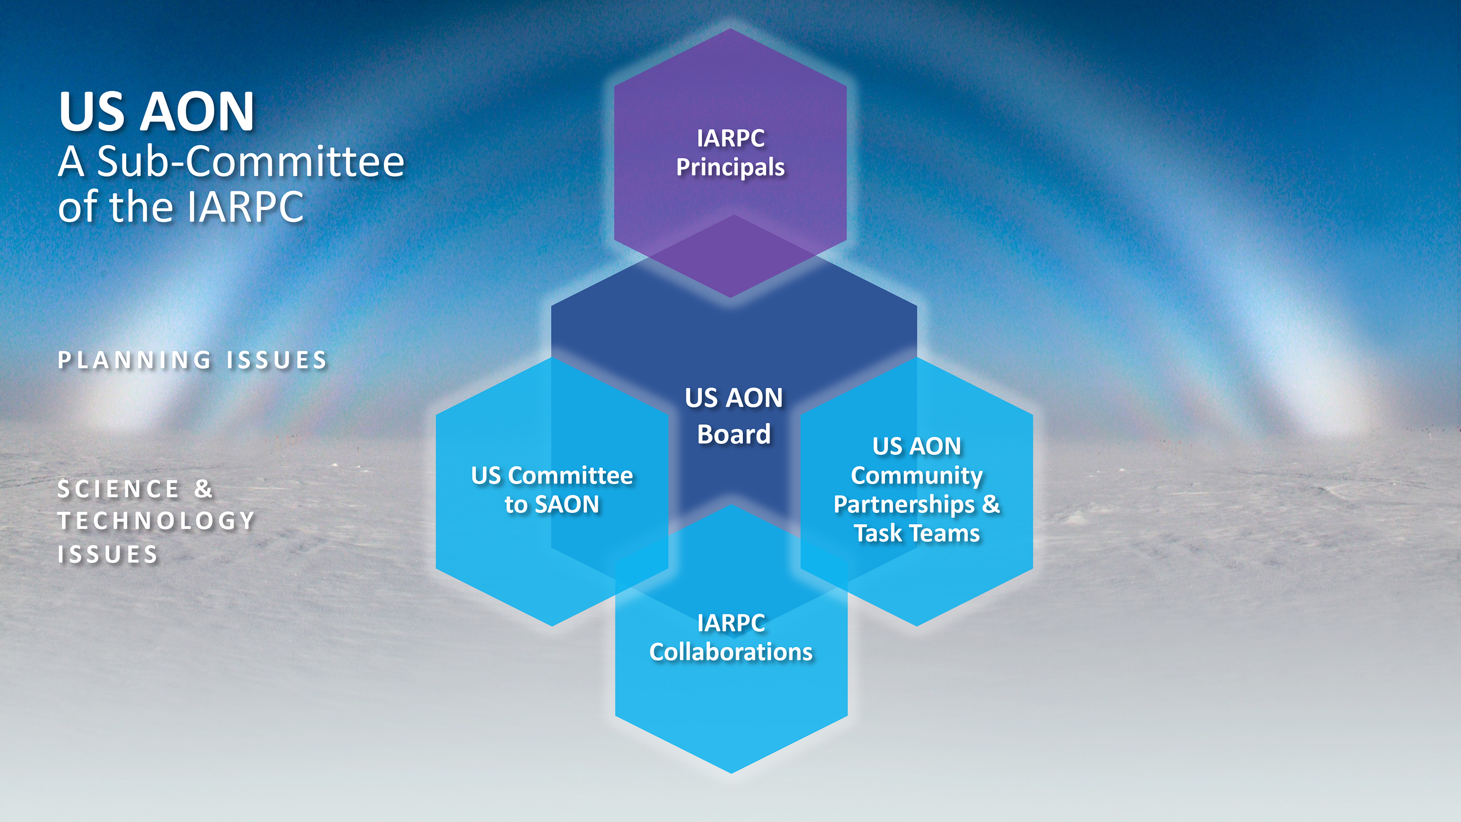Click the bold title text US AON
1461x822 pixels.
[x=156, y=112]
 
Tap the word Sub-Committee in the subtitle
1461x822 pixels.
[x=250, y=162]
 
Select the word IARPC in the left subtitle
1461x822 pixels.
[x=245, y=207]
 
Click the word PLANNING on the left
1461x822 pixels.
[x=135, y=360]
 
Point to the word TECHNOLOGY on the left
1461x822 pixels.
[x=156, y=521]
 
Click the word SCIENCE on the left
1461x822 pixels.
[x=118, y=489]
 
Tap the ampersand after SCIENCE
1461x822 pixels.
[x=203, y=489]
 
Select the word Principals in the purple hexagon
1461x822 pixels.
[x=730, y=168]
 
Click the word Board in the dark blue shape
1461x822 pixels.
[x=734, y=434]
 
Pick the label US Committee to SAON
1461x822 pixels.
[x=552, y=489]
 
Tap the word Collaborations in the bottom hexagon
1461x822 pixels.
[x=730, y=652]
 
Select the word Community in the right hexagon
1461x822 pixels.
[x=917, y=475]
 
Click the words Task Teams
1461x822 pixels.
[x=917, y=533]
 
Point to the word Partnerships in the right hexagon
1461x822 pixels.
[x=904, y=504]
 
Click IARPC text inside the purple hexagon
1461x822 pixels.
[x=730, y=138]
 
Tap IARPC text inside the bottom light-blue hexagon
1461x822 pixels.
[x=730, y=623]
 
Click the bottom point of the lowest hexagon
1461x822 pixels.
[x=731, y=771]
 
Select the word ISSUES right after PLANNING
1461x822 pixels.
[x=277, y=360]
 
